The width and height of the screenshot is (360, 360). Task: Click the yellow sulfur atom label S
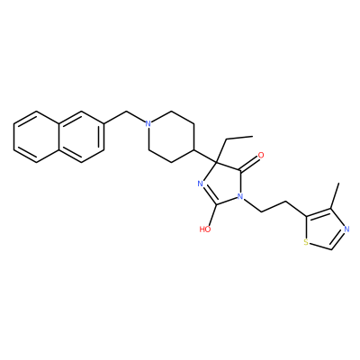tap(306, 242)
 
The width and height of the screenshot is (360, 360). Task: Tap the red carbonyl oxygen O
tap(261, 156)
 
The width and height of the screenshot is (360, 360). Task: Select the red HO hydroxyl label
tap(205, 229)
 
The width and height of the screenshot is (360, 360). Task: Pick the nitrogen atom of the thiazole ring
tap(346, 229)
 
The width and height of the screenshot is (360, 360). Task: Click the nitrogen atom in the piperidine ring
tap(148, 123)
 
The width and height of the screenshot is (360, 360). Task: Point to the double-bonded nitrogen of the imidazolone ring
tap(202, 184)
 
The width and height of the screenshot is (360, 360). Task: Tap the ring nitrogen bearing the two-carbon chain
tap(239, 196)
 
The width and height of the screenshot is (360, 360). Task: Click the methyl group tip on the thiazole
tap(338, 184)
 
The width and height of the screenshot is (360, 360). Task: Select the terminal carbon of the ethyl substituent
tap(253, 136)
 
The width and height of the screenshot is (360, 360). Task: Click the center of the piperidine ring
tap(171, 137)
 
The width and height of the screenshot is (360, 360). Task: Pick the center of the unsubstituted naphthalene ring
tap(37, 137)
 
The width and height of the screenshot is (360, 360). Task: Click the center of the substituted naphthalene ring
tap(82, 137)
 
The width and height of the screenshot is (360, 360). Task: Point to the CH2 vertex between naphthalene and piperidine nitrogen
tap(126, 112)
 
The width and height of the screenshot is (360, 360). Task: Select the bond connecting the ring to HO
tap(212, 215)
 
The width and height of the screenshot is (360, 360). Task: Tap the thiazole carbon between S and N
tap(331, 249)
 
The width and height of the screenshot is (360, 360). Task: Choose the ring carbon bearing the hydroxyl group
tap(217, 204)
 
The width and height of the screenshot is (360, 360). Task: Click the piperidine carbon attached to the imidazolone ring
tap(194, 149)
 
